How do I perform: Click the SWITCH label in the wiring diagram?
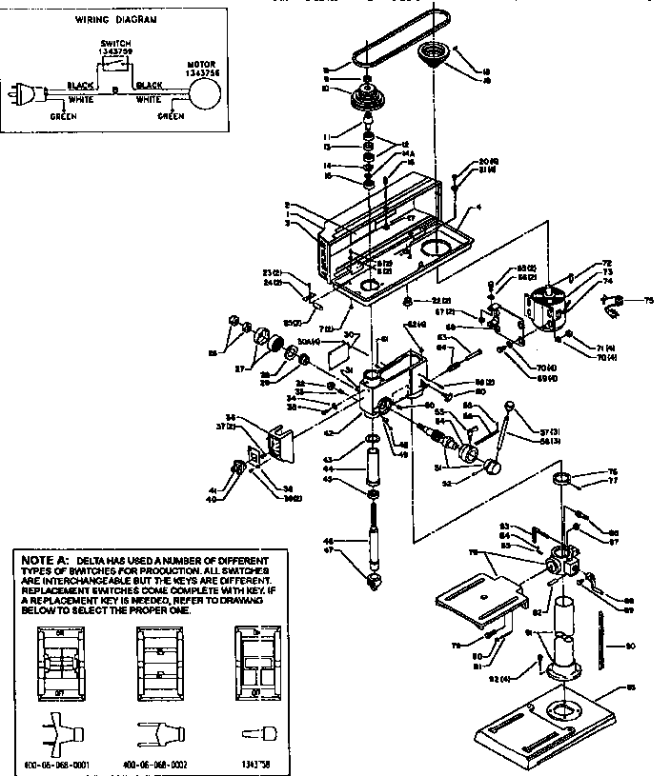click(x=115, y=44)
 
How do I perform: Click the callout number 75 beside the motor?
click(x=649, y=301)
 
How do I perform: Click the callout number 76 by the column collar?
click(x=613, y=471)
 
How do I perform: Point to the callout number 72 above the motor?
click(x=580, y=262)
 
